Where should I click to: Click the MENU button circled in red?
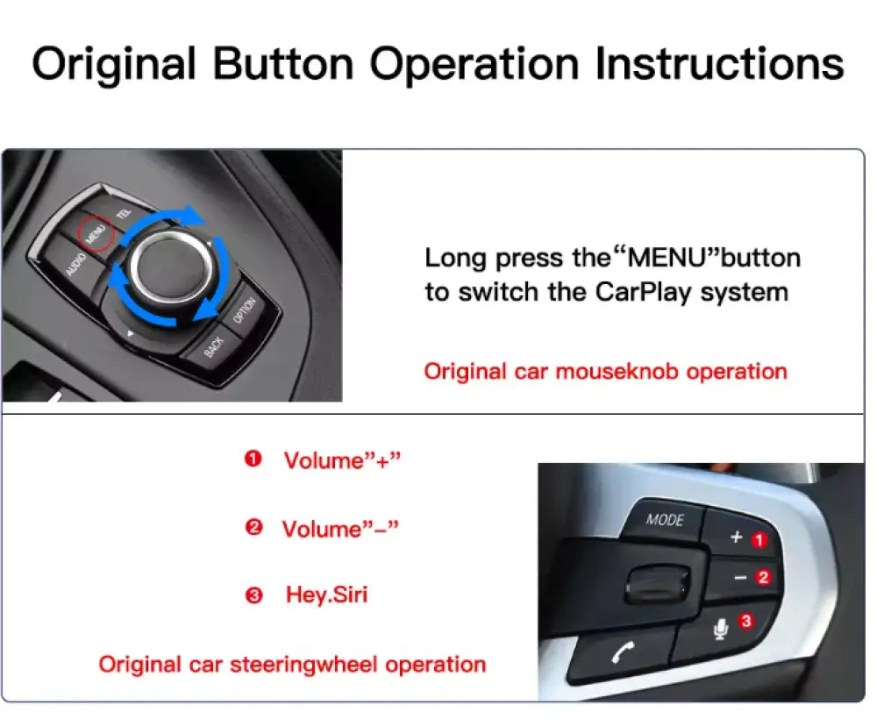[95, 233]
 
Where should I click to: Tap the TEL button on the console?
[124, 212]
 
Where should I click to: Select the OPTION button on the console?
[245, 310]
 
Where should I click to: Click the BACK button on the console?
[214, 347]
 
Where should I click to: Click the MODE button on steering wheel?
[665, 519]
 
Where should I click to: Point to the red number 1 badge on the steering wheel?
[759, 540]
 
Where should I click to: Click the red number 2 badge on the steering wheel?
[763, 577]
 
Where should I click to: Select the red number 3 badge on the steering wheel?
[745, 621]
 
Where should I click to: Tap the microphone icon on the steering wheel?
[721, 629]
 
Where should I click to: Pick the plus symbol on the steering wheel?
[737, 537]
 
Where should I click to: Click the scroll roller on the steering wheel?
[658, 584]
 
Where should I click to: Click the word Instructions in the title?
[719, 64]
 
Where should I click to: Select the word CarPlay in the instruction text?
[643, 292]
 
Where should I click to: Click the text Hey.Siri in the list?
[326, 594]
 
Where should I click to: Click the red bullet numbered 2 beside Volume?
[254, 527]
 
